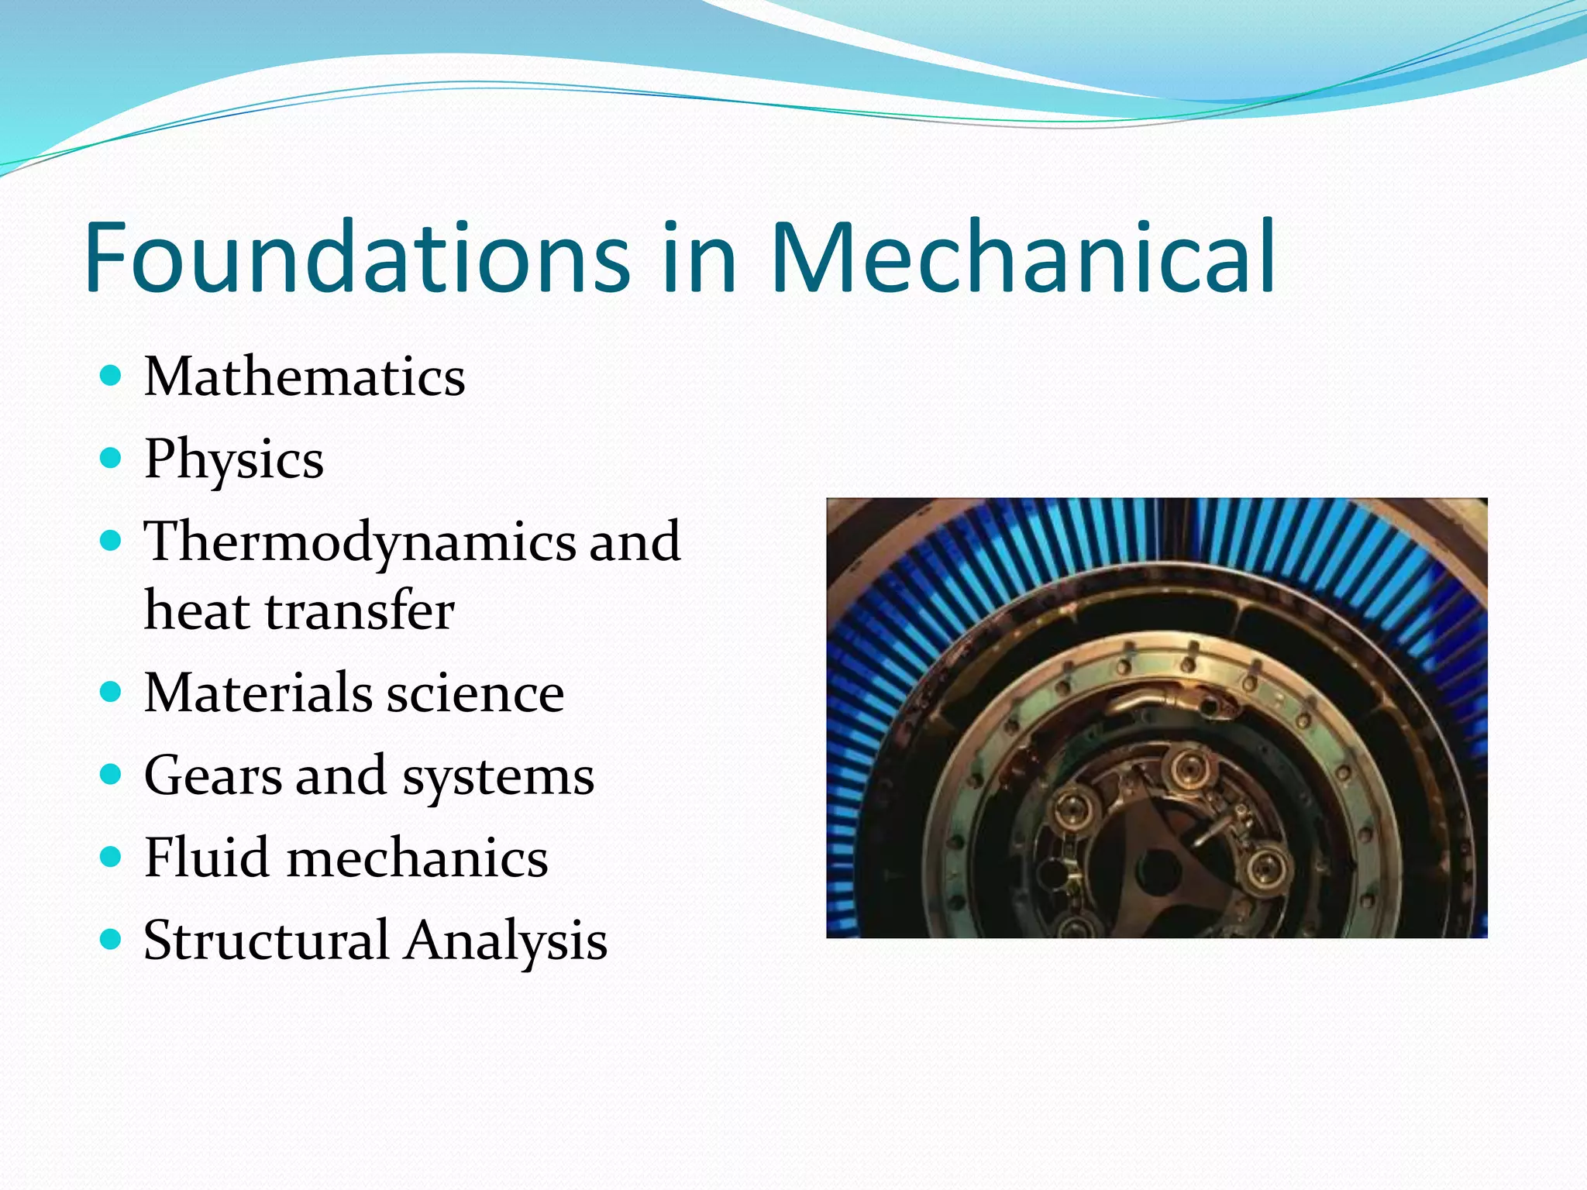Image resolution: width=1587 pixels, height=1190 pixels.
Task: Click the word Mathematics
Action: (305, 377)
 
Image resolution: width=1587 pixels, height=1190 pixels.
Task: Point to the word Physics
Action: (234, 460)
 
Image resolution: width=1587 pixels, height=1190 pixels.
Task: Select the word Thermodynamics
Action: (360, 542)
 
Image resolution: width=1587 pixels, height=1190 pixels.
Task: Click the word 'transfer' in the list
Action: (360, 610)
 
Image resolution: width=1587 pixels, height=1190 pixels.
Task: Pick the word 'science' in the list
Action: (476, 693)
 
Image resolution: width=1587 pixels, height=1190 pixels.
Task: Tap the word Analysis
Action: (507, 942)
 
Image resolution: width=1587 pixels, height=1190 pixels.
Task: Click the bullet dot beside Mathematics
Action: (112, 377)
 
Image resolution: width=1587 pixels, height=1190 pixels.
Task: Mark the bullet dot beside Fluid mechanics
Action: (112, 856)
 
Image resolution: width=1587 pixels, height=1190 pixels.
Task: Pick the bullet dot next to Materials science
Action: (112, 691)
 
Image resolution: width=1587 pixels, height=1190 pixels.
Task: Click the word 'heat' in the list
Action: (197, 610)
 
